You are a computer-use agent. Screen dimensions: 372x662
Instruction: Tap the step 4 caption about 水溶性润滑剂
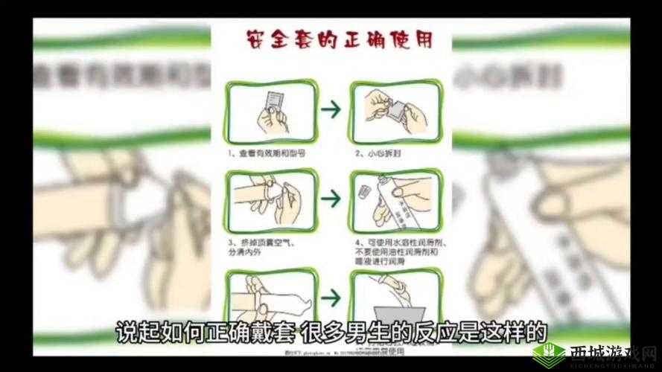(392, 251)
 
